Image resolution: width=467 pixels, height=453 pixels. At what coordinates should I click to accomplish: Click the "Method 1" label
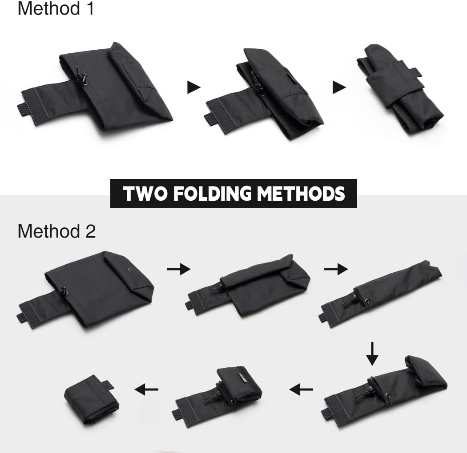pyautogui.click(x=56, y=8)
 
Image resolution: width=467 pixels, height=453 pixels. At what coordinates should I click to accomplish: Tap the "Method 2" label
pyautogui.click(x=56, y=231)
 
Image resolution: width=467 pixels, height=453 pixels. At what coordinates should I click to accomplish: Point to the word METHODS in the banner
pyautogui.click(x=302, y=194)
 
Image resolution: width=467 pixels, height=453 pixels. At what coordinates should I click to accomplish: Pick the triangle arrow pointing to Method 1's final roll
pyautogui.click(x=339, y=87)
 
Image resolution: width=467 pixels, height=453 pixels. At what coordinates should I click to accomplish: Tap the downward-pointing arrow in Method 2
pyautogui.click(x=372, y=354)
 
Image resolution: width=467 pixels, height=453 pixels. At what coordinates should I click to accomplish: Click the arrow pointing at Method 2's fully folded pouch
pyautogui.click(x=147, y=390)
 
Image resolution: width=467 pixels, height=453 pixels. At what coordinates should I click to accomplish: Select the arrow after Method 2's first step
pyautogui.click(x=178, y=269)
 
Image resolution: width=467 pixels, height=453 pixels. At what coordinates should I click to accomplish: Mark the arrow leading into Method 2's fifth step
pyautogui.click(x=301, y=390)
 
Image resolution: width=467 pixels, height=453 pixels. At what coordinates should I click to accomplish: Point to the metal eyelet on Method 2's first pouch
pyautogui.click(x=129, y=269)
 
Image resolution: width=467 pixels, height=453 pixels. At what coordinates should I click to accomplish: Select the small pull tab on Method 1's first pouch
pyautogui.click(x=23, y=109)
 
